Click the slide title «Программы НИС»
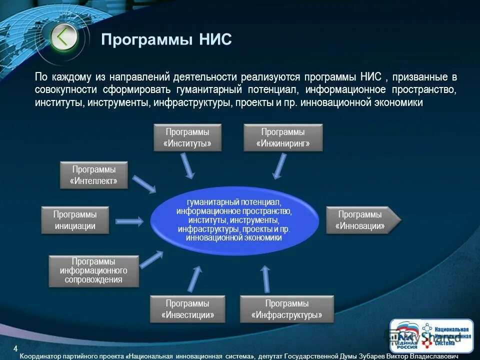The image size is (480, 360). tap(166, 39)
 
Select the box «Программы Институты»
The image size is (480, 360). tap(187, 138)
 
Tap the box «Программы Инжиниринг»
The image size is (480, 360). tap(283, 138)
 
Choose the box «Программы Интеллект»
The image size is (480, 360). tap(94, 175)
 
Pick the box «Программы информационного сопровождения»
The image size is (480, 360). tap(93, 271)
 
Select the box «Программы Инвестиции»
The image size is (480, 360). tap(187, 309)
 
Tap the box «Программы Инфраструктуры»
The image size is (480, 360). tap(286, 309)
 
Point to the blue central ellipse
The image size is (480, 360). tap(234, 220)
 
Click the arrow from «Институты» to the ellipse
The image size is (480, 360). tap(187, 165)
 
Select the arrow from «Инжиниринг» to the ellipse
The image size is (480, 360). tap(279, 166)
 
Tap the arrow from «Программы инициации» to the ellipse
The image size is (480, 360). tap(129, 220)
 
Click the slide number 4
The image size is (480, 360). tap(15, 348)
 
